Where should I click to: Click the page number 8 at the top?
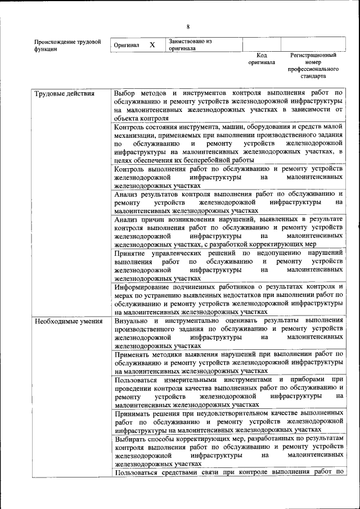pyautogui.click(x=188, y=26)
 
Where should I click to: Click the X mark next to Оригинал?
pyautogui.click(x=152, y=44)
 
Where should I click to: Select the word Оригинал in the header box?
pyautogui.click(x=127, y=45)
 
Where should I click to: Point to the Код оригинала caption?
pyautogui.click(x=262, y=59)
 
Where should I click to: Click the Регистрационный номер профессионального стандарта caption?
pyautogui.click(x=313, y=66)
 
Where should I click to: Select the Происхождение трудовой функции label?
pyautogui.click(x=67, y=46)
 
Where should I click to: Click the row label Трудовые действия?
pyautogui.click(x=64, y=93)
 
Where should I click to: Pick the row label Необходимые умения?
pyautogui.click(x=68, y=321)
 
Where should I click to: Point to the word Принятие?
pyautogui.click(x=130, y=254)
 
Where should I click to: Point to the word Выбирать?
pyautogui.click(x=132, y=438)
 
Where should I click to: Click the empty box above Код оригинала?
pyautogui.click(x=262, y=44)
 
